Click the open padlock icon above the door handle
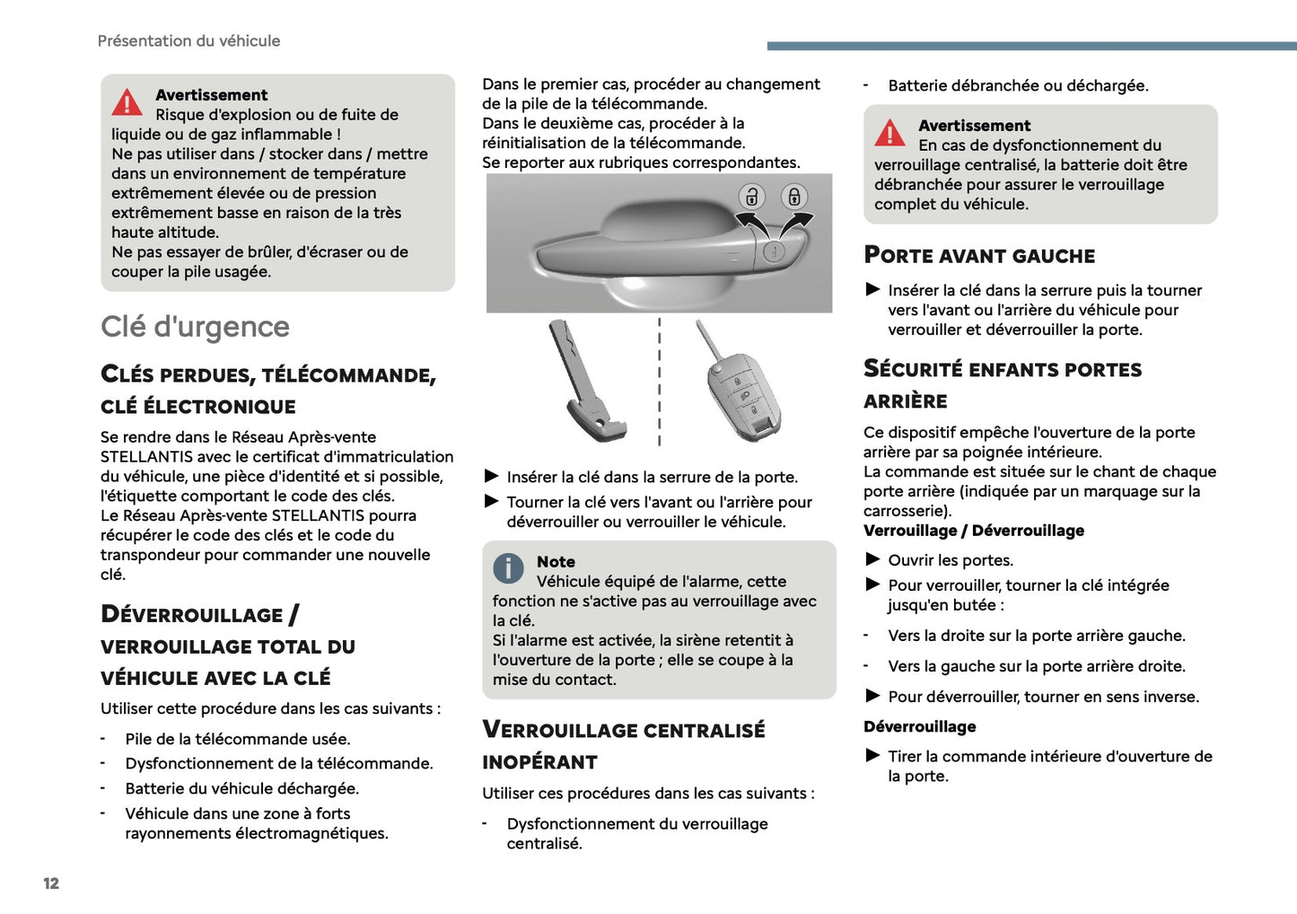[x=752, y=196]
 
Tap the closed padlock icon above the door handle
[x=794, y=196]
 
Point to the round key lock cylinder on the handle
[x=775, y=252]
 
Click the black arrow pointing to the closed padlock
[x=796, y=222]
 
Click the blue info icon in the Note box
[x=508, y=567]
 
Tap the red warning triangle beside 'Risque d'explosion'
[x=127, y=102]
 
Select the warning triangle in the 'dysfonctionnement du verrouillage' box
[x=889, y=133]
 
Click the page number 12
[x=51, y=883]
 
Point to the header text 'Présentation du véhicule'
[x=188, y=41]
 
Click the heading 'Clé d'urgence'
[x=195, y=327]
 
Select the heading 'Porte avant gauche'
[x=979, y=256]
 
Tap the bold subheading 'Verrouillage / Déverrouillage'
[x=974, y=531]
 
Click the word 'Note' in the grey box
[x=556, y=562]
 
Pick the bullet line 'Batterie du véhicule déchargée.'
[x=241, y=788]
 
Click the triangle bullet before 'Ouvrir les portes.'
[x=872, y=559]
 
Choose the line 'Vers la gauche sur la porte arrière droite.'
[x=1037, y=666]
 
